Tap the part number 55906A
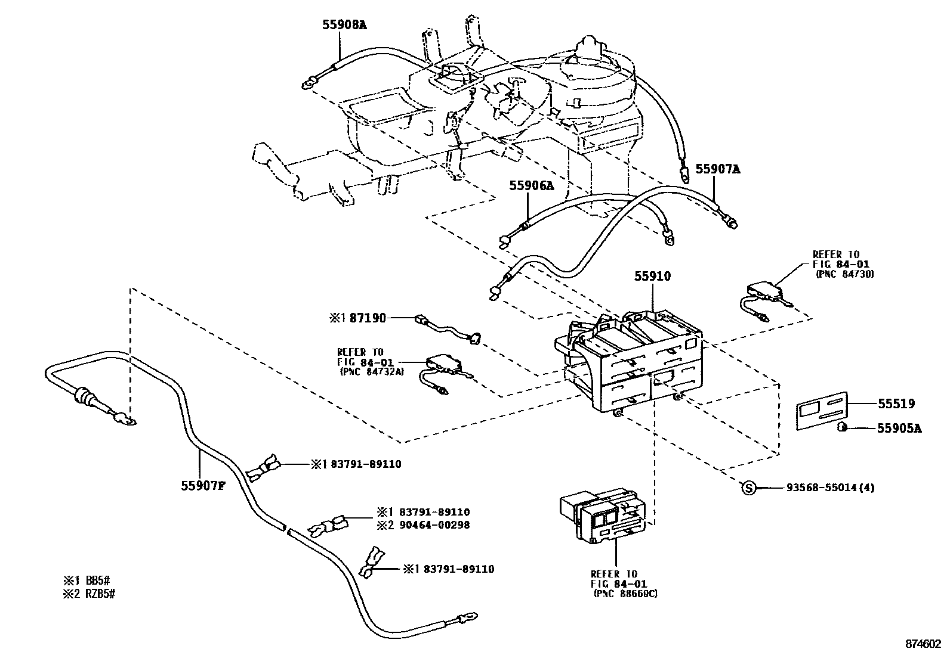531,186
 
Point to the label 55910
652,277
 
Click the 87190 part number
367,319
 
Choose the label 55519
896,404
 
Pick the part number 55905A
899,427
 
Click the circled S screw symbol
748,488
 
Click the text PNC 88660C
625,594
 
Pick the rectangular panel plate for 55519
823,409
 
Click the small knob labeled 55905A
844,427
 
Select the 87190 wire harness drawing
448,330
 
